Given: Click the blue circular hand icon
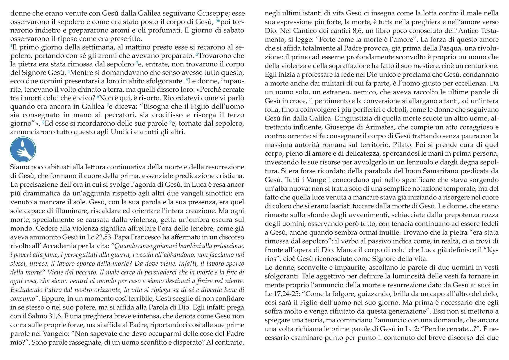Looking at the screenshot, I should (23, 150).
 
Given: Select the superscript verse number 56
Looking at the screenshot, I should (218, 20).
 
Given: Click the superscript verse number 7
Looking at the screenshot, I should (107, 105).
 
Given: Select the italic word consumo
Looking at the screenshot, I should (23, 298).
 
